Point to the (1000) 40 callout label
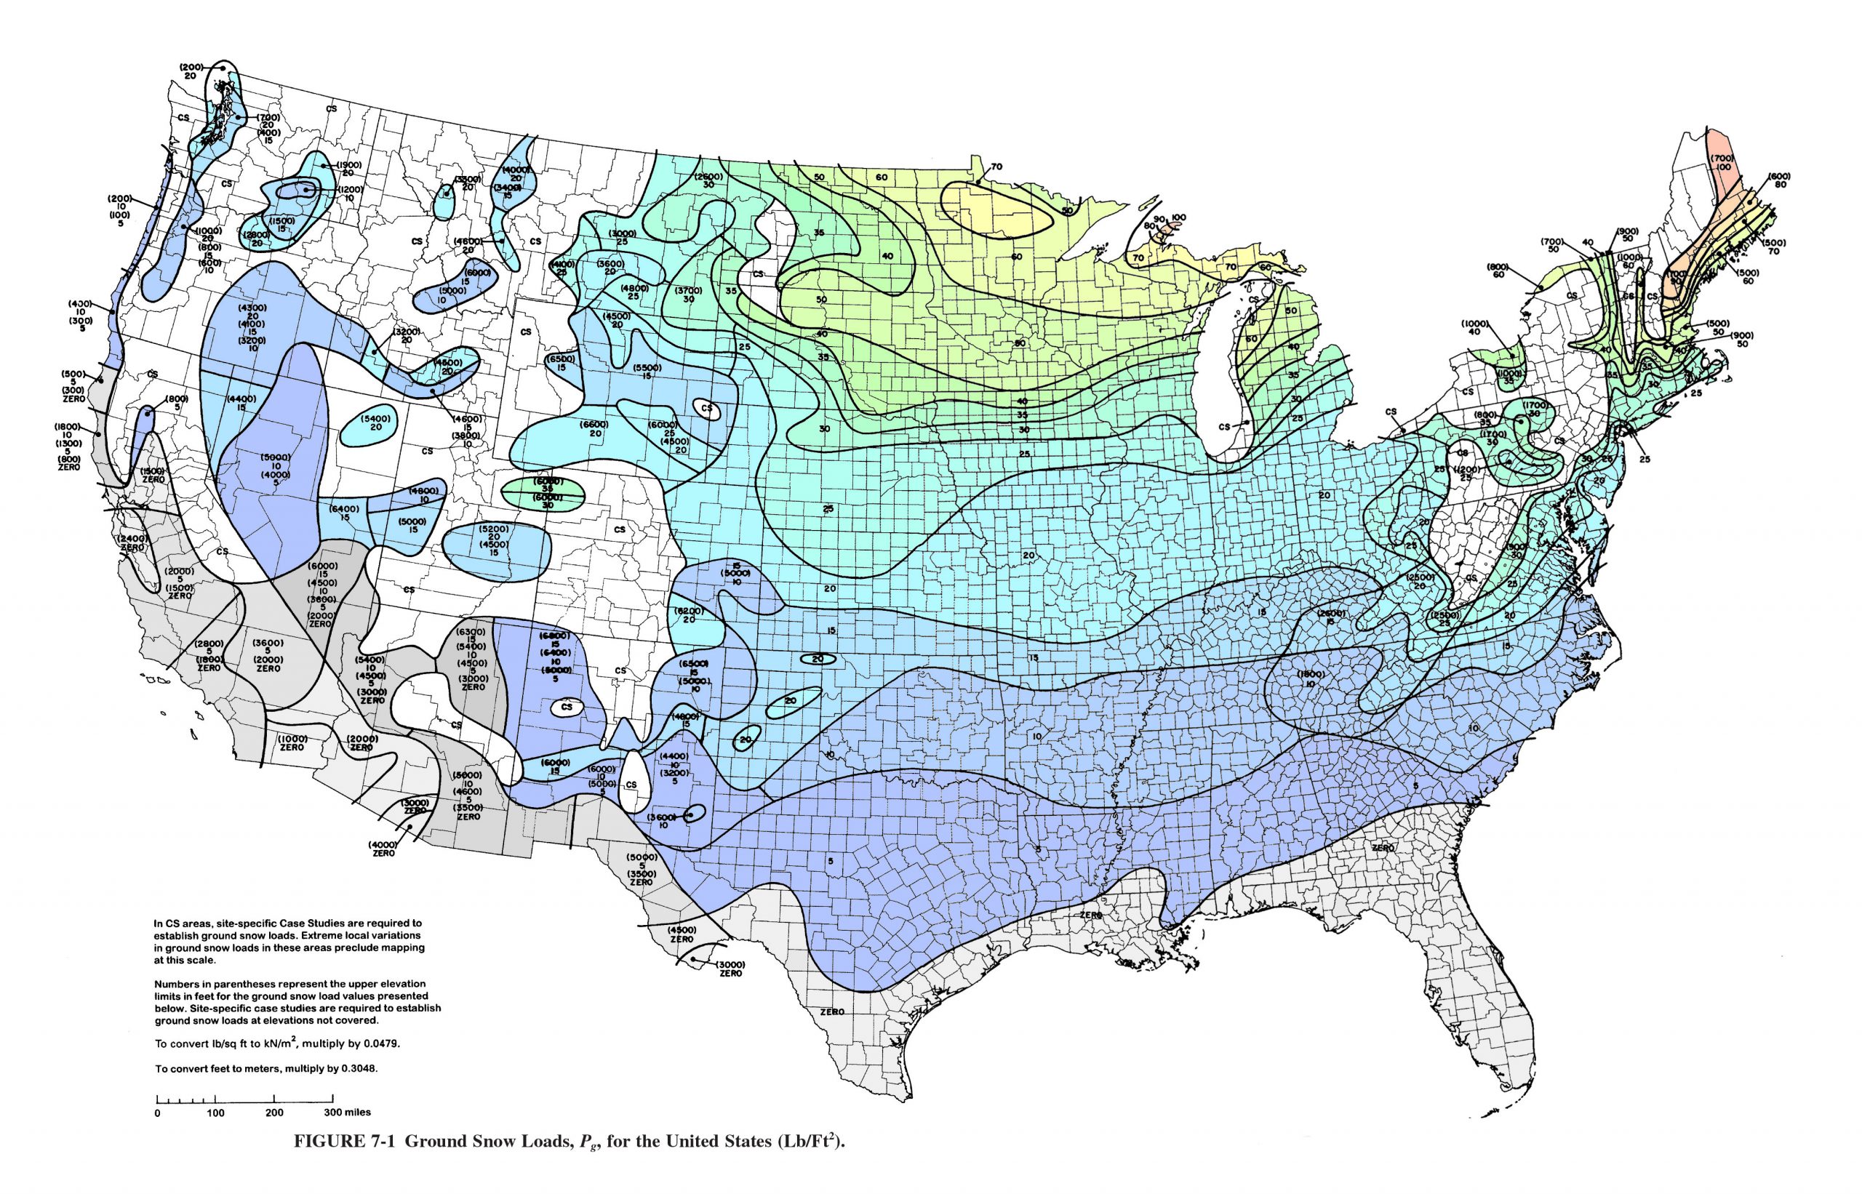1474,326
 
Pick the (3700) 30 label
688,294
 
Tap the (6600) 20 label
595,429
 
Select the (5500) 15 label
647,371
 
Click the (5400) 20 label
375,422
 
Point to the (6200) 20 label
690,615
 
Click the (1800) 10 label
1311,678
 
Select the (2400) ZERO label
132,542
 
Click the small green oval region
543,493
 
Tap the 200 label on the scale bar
273,1113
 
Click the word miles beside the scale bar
358,1113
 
